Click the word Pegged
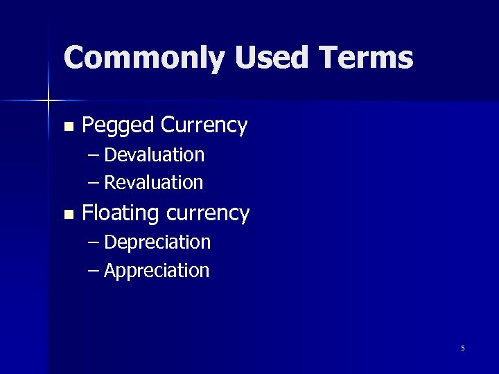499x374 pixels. (118, 126)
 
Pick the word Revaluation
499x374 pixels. (153, 183)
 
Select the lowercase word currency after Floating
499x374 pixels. (208, 213)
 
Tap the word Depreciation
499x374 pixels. (157, 242)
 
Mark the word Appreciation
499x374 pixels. (156, 270)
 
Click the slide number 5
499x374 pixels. (463, 348)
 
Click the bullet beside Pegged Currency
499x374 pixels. (67, 127)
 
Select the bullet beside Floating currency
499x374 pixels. (67, 215)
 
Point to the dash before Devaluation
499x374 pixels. (95, 154)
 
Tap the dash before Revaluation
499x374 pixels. (95, 183)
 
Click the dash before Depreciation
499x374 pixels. (95, 242)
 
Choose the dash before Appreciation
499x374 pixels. (95, 270)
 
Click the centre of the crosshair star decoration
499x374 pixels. (49, 101)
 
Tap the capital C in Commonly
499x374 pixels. (74, 57)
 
